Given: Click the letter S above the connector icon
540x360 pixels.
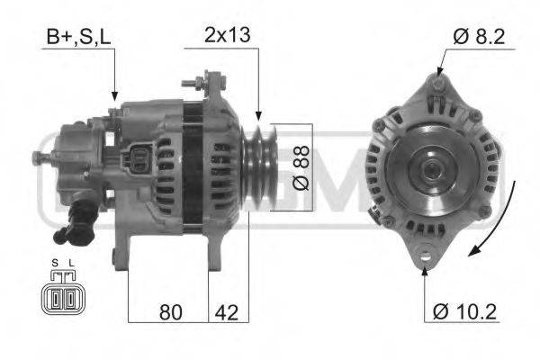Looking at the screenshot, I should [56, 263].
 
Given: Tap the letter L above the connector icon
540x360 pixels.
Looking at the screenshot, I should [70, 263].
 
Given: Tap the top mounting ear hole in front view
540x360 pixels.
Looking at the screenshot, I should [436, 85].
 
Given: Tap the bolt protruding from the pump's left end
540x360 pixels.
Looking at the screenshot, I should [37, 160].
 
